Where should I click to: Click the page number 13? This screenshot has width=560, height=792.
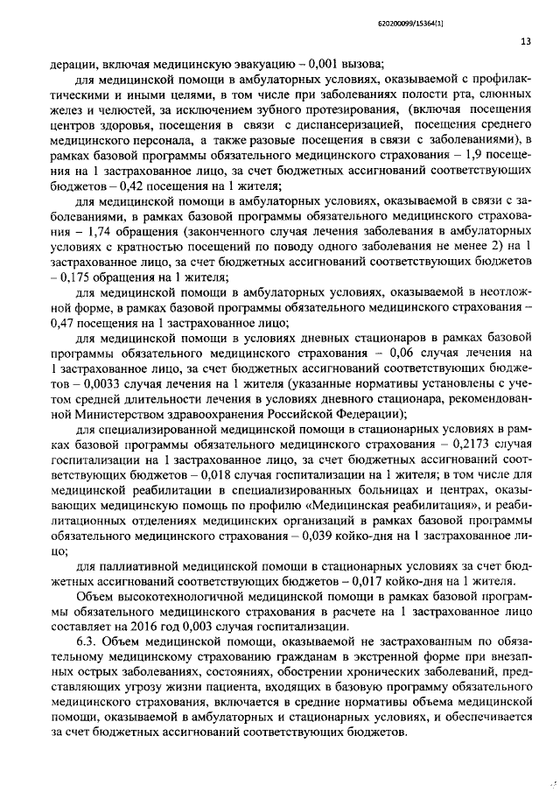525,41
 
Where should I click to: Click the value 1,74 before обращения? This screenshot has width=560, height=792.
103,232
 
